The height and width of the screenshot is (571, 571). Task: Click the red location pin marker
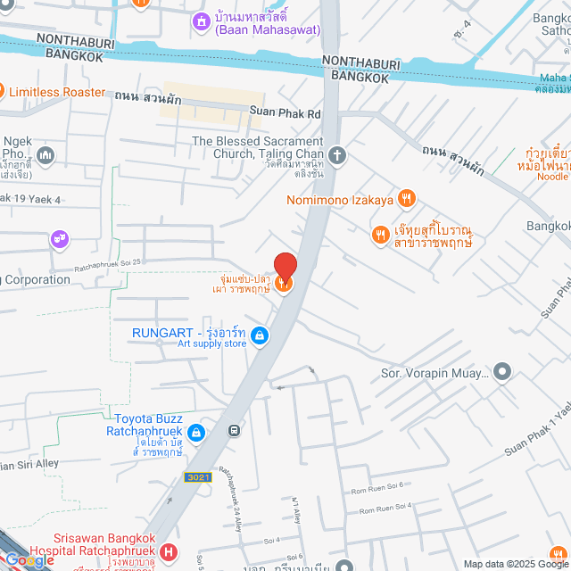coord(285,266)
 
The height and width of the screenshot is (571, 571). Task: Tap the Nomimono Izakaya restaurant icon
coord(407,199)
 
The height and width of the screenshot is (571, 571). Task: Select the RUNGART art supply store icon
coord(259,335)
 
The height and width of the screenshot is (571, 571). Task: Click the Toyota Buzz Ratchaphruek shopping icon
coord(195,433)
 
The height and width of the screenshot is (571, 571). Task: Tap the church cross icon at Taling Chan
coord(337,155)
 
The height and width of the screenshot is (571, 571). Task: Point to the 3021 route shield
coord(197,477)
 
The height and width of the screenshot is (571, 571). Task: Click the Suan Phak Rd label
coord(285,113)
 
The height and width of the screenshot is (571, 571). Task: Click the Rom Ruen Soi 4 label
coord(385,509)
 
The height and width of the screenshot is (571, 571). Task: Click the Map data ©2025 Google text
coord(514,563)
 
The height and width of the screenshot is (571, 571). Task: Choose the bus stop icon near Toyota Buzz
coord(234,430)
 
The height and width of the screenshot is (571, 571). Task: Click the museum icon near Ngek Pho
coord(46,156)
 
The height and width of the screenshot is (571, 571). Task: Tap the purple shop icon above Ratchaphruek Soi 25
coord(59,238)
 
